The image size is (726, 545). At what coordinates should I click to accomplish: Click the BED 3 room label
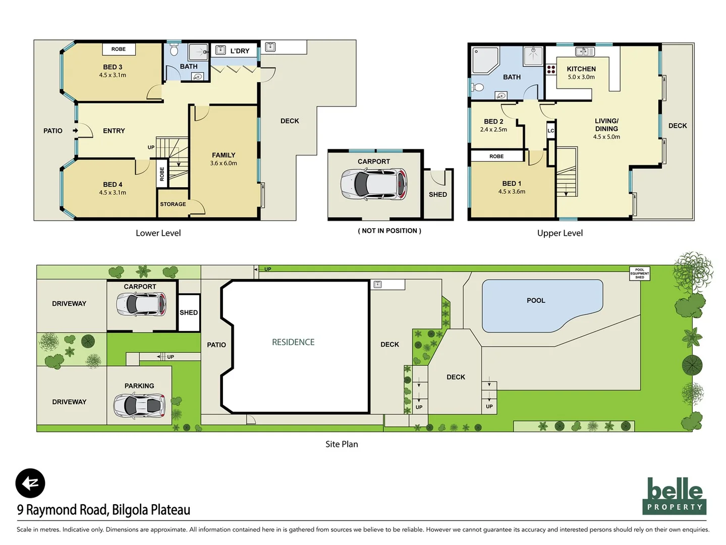113,67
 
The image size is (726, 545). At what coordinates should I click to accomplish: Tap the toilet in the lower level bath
174,50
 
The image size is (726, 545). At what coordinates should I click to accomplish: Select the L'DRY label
240,51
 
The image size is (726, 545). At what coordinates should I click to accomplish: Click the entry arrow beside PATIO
75,131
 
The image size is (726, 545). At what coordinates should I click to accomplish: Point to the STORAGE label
173,204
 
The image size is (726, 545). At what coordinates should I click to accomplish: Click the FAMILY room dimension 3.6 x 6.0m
224,163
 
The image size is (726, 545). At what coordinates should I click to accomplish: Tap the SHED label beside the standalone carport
437,195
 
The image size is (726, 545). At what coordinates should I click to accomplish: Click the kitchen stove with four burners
551,70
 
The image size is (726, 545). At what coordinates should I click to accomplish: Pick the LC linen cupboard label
550,131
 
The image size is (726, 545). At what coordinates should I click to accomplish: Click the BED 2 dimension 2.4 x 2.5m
493,130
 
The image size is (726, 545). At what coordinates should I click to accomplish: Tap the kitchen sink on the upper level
585,51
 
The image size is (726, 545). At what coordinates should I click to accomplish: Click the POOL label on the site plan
536,301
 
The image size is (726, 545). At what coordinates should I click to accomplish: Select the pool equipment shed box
639,274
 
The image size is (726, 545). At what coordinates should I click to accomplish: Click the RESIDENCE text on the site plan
293,342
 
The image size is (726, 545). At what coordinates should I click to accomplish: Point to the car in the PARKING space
139,405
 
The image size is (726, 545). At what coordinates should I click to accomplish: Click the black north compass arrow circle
30,483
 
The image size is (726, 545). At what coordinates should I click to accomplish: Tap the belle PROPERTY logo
674,496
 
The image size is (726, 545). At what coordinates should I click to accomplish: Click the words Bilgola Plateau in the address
151,510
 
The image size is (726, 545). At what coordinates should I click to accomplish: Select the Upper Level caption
560,233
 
